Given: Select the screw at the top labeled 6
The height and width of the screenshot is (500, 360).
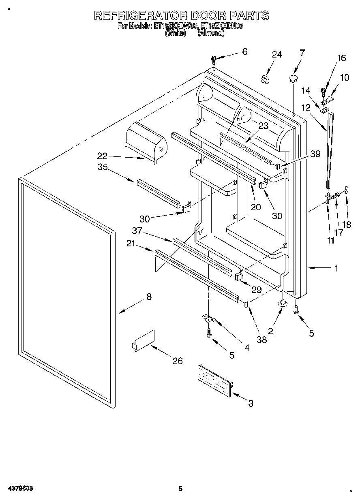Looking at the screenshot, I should (x=214, y=60).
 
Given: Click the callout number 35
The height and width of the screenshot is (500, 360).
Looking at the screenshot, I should (x=103, y=167).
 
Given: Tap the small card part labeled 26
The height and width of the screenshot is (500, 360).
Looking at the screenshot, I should (x=144, y=340).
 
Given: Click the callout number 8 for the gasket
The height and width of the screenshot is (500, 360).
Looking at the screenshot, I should (x=149, y=297).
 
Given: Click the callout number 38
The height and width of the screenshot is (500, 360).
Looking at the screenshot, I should (x=262, y=340).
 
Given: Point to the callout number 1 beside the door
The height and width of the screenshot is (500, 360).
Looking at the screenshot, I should (x=336, y=268).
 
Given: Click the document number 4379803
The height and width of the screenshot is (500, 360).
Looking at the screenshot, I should (x=20, y=489).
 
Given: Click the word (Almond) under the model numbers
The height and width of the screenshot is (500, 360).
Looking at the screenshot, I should (x=210, y=34).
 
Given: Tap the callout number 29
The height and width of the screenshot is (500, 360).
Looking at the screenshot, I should (x=256, y=290).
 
